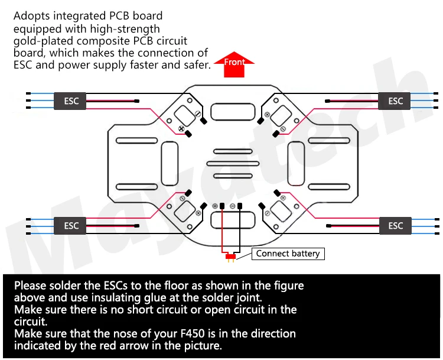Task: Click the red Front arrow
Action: coord(234,64)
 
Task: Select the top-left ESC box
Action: coord(70,101)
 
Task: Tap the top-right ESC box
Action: coord(394,101)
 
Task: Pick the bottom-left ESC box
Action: coord(70,226)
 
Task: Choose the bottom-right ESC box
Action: coord(395,226)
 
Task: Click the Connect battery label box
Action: coord(288,254)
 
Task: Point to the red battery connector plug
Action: coord(230,257)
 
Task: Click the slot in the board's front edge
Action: coord(233,112)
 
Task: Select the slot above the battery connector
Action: coord(233,220)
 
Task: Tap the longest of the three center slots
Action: coord(233,164)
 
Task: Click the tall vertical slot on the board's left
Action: coord(170,164)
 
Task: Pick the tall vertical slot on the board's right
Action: coord(296,164)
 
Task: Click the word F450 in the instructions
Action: coord(193,334)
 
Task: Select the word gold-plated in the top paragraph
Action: coord(43,41)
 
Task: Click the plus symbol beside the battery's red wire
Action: coord(215,206)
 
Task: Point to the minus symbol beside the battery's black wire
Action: coord(233,206)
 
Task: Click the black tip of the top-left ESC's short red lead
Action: coord(137,101)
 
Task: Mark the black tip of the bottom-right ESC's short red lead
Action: coord(328,226)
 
